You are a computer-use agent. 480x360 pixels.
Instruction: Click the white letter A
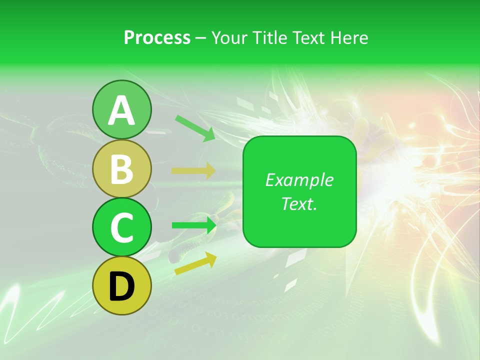121,110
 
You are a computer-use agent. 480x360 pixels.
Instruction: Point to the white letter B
121,169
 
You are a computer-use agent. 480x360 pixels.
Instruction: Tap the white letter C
121,227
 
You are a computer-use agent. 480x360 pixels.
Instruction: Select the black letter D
121,286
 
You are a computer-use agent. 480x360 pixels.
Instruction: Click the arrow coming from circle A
195,127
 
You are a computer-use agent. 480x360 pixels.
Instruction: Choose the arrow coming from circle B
193,171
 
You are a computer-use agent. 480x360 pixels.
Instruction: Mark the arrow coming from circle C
194,225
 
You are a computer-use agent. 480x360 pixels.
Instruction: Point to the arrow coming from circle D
195,263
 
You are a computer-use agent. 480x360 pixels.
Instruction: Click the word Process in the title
157,37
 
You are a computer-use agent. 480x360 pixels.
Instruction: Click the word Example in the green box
299,180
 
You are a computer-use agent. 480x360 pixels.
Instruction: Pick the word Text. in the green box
299,203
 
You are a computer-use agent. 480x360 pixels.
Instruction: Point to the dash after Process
200,38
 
